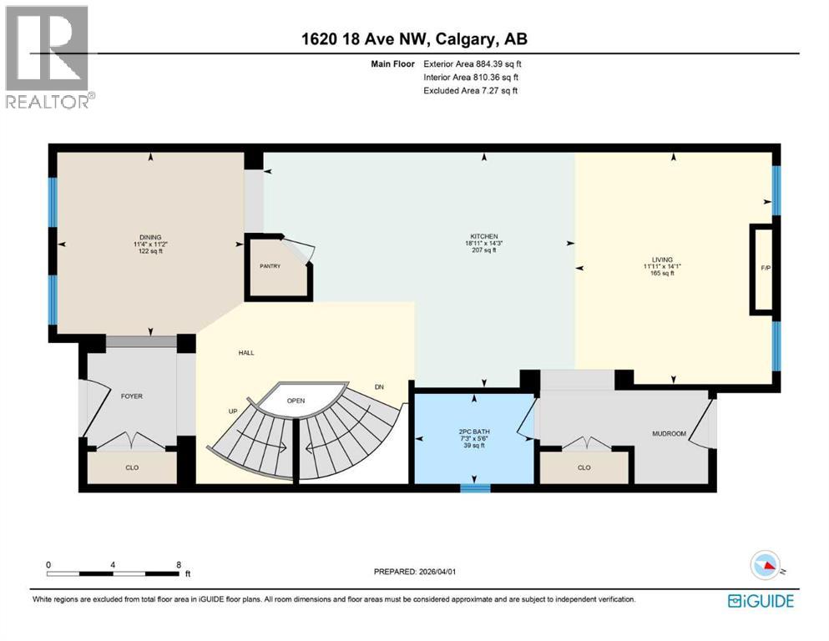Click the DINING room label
point(151,237)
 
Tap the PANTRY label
point(269,266)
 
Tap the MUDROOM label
point(669,434)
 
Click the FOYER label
point(131,396)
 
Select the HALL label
point(245,353)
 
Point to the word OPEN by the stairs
point(296,401)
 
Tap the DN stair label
point(379,387)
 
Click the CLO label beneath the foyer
point(132,467)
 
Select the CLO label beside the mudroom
point(584,467)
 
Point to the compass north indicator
point(766,567)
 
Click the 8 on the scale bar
point(179,564)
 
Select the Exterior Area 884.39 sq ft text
point(473,63)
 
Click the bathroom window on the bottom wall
point(475,488)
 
